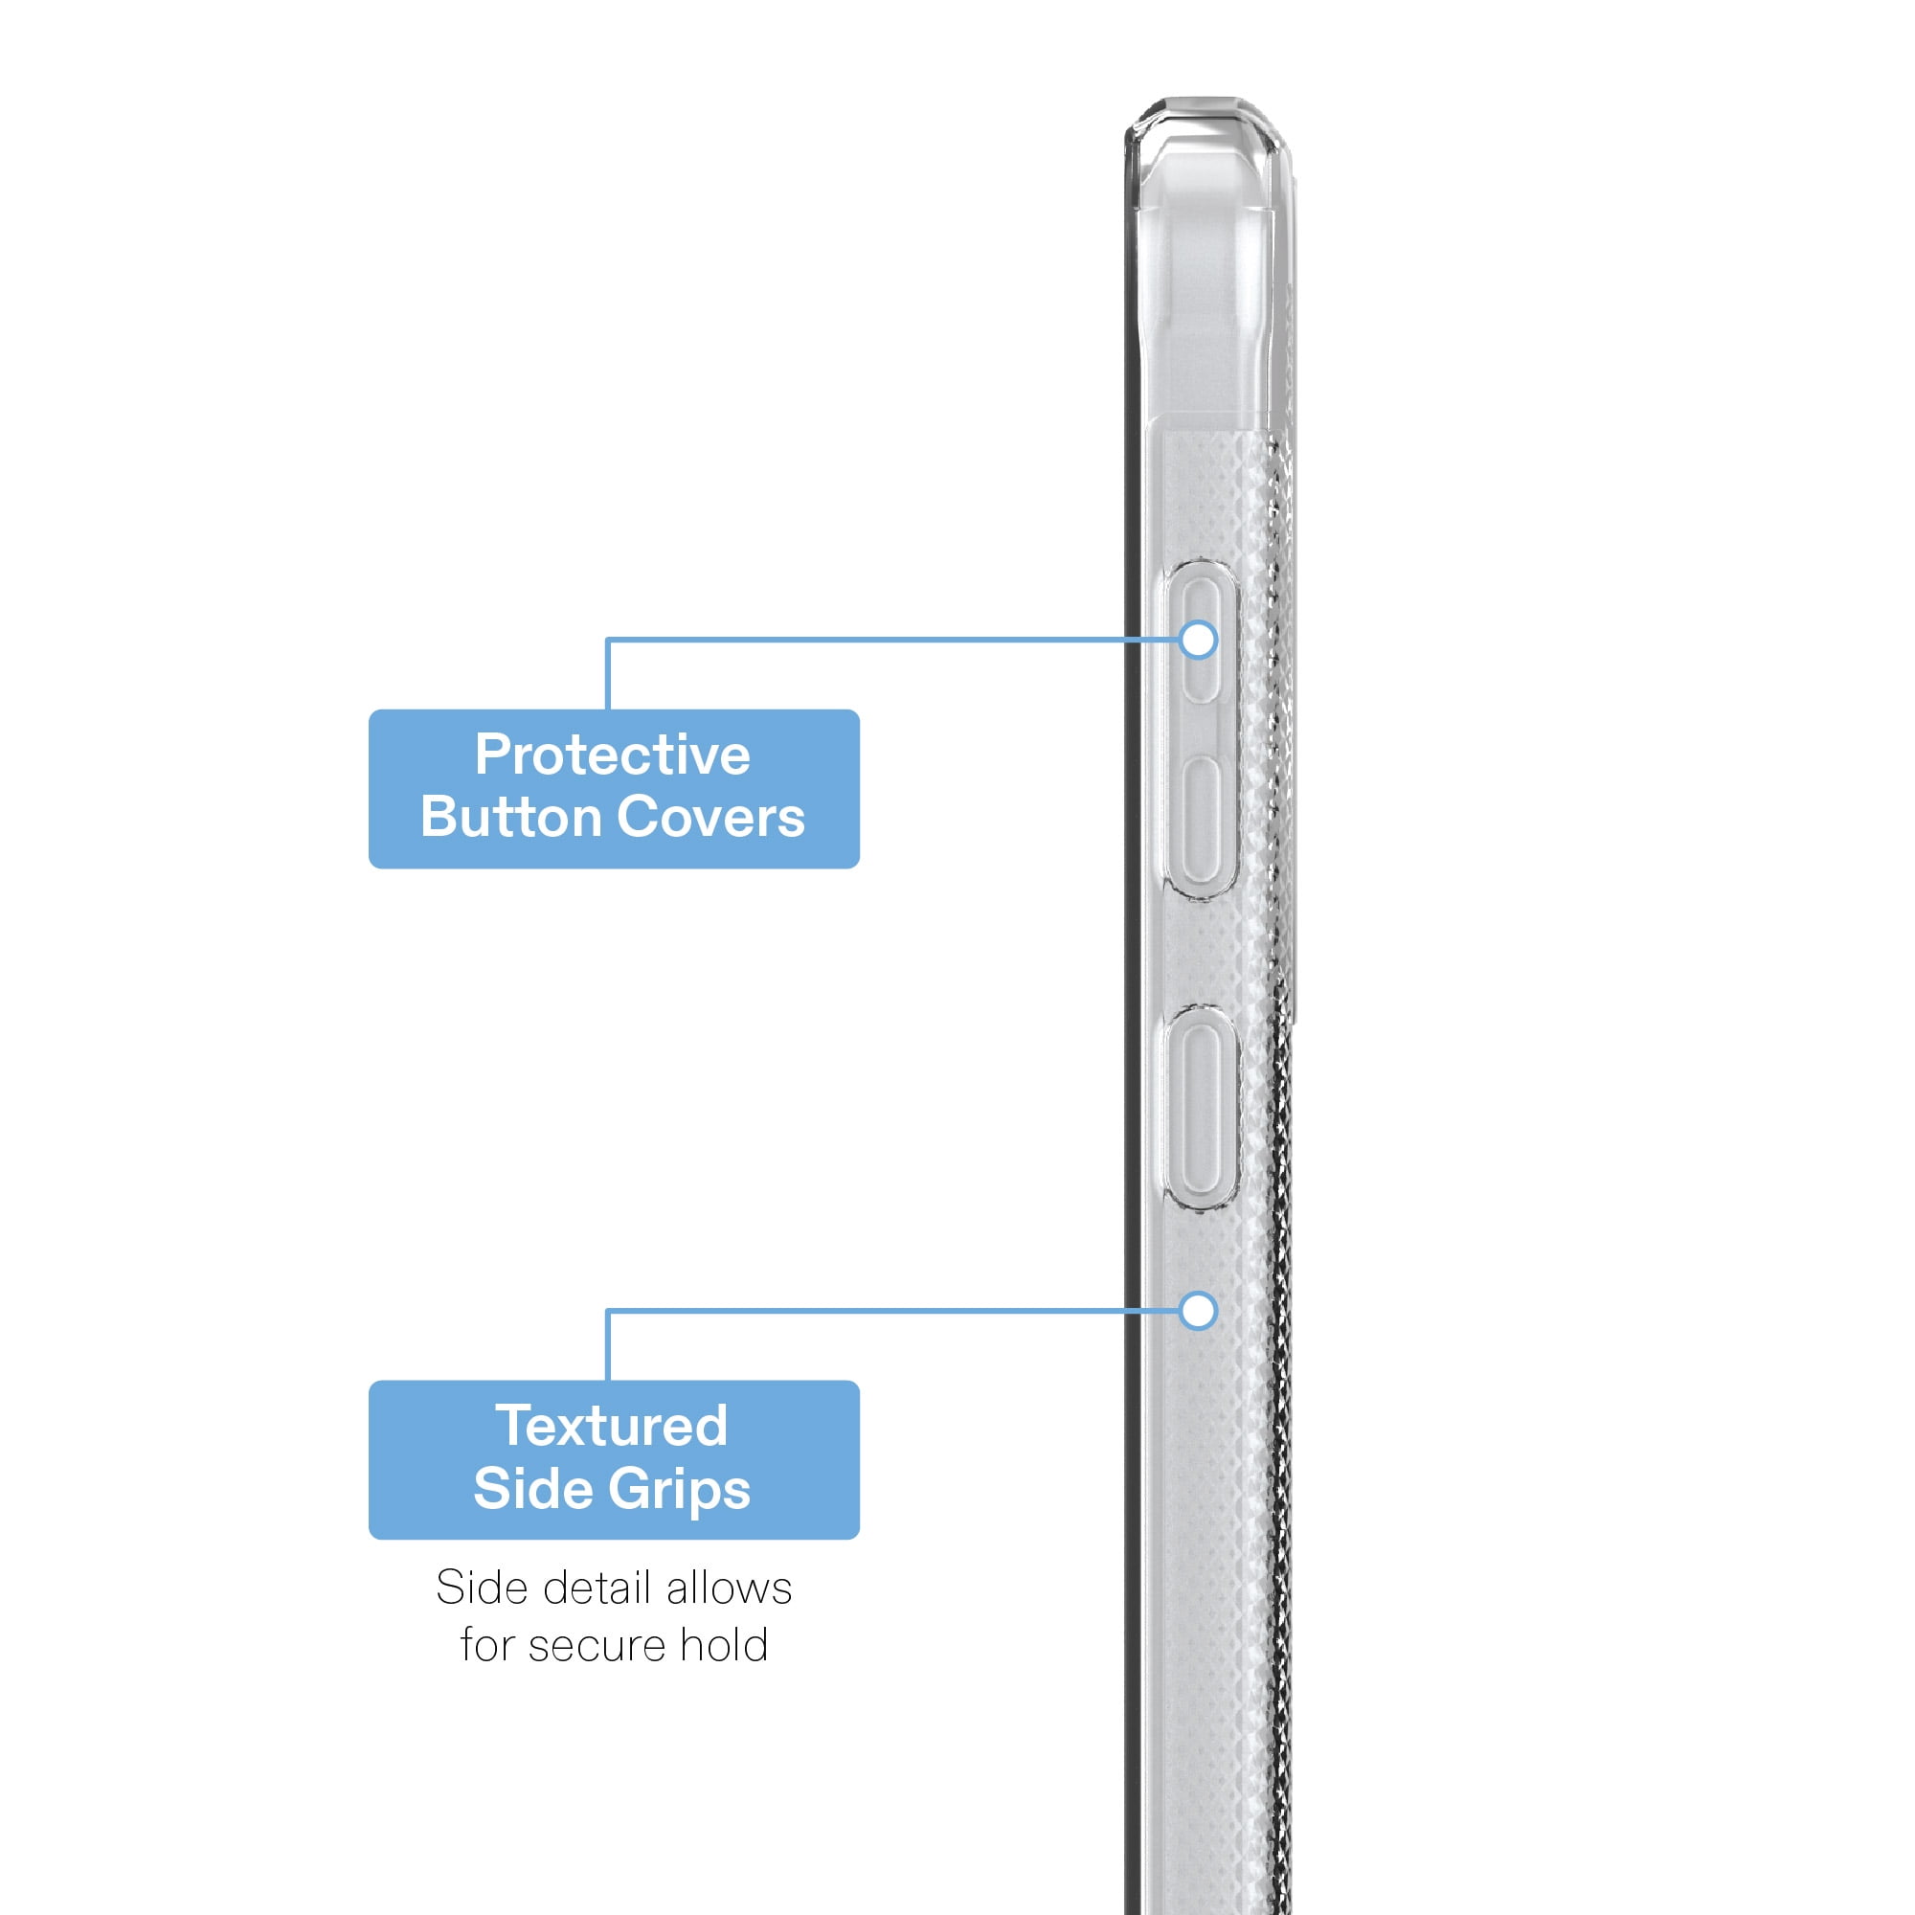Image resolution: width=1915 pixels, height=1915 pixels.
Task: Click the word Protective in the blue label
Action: pyautogui.click(x=613, y=755)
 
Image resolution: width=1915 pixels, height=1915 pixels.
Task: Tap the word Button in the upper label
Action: pyautogui.click(x=511, y=818)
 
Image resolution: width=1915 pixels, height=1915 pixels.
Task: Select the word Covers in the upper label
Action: pyautogui.click(x=710, y=818)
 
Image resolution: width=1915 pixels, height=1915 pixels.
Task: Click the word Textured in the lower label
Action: pyautogui.click(x=613, y=1427)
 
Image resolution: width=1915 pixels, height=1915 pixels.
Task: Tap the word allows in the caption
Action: pyautogui.click(x=729, y=1588)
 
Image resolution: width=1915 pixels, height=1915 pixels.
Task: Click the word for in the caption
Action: pyautogui.click(x=488, y=1645)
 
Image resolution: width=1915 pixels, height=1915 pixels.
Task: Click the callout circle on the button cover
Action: pyautogui.click(x=1199, y=640)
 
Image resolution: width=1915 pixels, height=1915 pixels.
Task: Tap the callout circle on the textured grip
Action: pyautogui.click(x=1199, y=1311)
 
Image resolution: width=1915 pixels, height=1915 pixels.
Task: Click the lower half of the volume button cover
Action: pyautogui.click(x=1202, y=820)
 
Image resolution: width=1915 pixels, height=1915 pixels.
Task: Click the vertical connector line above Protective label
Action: pyautogui.click(x=608, y=673)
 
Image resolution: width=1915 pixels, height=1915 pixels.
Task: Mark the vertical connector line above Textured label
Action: pyautogui.click(x=608, y=1345)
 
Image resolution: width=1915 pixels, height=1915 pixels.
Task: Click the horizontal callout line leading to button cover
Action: pyautogui.click(x=892, y=640)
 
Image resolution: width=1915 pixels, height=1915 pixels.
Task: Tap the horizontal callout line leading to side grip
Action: pyautogui.click(x=892, y=1311)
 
